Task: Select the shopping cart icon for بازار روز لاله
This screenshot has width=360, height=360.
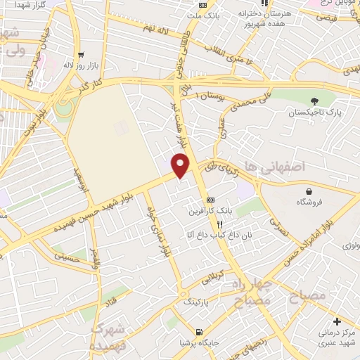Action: [82, 54]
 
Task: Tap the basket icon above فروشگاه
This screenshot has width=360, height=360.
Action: [309, 191]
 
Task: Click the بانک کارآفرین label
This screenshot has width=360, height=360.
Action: [210, 210]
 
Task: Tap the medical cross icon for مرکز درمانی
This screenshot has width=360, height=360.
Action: [338, 321]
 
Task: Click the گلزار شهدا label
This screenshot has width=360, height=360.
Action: [21, 5]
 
